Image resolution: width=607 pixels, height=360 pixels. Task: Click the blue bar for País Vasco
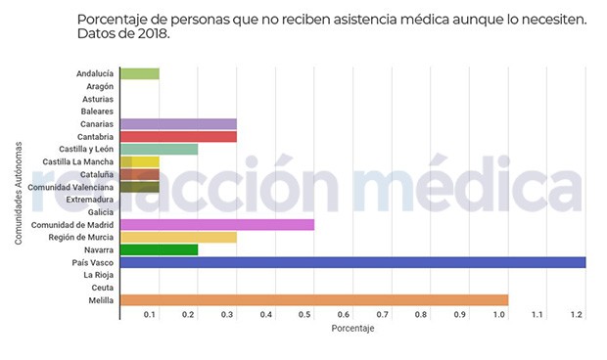352,262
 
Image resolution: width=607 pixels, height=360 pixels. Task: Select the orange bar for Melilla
313,300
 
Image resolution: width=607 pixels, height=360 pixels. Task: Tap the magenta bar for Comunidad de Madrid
216,225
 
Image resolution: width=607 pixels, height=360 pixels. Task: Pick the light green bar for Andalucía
139,73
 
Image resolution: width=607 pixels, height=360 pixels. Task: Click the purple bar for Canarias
177,124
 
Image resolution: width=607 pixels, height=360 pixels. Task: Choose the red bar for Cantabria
177,137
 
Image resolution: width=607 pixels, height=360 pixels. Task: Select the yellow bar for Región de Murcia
177,238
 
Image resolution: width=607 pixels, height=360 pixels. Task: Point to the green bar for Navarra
159,250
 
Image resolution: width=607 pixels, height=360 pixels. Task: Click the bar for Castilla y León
159,150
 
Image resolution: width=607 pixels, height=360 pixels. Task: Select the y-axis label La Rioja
99,276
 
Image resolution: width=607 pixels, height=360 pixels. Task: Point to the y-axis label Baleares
97,112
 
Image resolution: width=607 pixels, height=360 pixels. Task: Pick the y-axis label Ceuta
102,289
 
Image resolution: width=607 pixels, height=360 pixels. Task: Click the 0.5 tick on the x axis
305,315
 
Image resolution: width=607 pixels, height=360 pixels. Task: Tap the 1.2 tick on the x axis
577,315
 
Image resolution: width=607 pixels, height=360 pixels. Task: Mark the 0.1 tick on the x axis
151,315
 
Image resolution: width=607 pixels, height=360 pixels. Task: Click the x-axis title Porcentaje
353,329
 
